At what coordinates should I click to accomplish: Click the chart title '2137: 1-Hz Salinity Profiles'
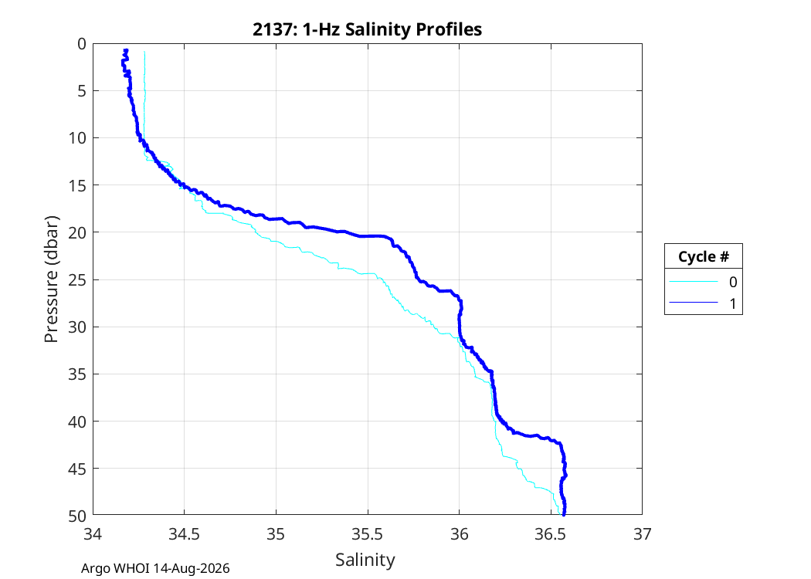(367, 29)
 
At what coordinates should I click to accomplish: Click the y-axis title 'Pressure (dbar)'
(51, 279)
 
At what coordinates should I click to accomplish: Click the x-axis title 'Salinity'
(365, 560)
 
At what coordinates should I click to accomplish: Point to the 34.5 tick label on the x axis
(184, 534)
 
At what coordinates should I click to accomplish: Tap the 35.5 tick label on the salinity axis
(367, 534)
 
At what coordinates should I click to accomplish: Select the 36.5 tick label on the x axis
(551, 534)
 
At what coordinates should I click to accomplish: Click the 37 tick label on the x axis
(643, 534)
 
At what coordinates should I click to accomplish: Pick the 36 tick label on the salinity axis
(460, 534)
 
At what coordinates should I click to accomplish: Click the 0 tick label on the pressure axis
(82, 44)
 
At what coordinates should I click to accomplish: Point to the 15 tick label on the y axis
(77, 185)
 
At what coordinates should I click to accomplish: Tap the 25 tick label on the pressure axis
(77, 279)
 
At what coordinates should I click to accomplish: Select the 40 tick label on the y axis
(77, 422)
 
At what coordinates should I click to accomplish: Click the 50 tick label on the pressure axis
(77, 516)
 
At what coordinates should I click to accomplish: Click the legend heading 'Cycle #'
(704, 256)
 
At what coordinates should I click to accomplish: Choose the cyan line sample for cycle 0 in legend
(694, 282)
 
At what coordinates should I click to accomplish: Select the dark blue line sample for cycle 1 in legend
(694, 303)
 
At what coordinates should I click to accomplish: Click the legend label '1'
(733, 303)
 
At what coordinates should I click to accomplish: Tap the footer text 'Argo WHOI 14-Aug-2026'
(155, 569)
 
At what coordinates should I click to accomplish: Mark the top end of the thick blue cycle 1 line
(126, 50)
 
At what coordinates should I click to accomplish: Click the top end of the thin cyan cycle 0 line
(144, 52)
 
